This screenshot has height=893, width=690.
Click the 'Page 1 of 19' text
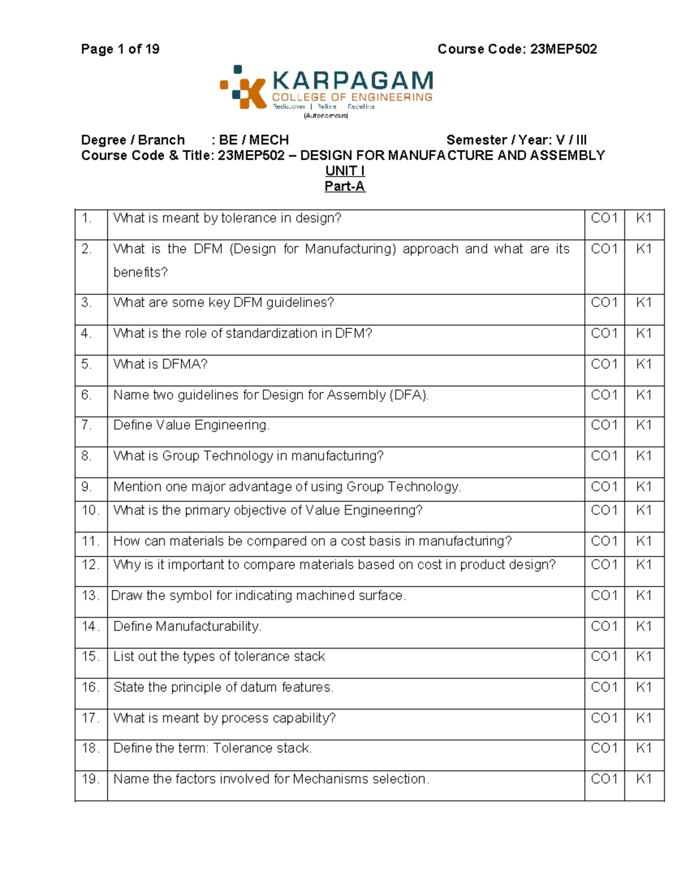[x=120, y=49]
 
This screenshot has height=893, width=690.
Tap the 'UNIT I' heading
[x=344, y=171]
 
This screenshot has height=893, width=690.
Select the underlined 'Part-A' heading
[x=344, y=186]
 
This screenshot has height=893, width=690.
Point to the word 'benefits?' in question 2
[x=140, y=273]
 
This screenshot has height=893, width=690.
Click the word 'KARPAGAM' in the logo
[x=352, y=81]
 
